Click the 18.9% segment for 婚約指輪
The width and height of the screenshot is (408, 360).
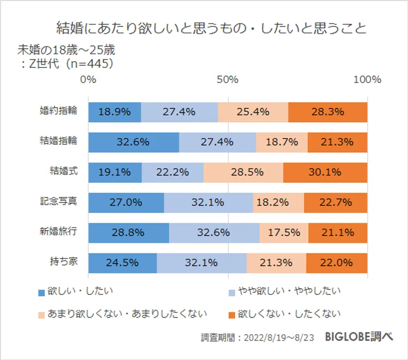click(x=115, y=112)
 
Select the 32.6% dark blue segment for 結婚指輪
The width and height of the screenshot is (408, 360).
click(x=133, y=142)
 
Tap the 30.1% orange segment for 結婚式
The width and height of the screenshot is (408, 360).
click(x=325, y=172)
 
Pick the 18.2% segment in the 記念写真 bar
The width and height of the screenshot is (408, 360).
click(x=278, y=203)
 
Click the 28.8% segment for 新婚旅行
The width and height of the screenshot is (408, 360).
click(x=128, y=233)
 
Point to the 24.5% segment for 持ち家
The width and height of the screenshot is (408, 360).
click(x=122, y=263)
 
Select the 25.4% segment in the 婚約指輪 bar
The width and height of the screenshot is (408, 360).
click(x=253, y=112)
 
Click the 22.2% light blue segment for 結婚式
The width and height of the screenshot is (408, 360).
click(x=172, y=172)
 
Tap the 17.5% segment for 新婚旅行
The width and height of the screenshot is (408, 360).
click(x=284, y=233)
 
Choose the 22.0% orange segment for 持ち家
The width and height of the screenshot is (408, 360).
click(x=337, y=263)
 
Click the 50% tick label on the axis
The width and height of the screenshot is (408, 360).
click(x=227, y=80)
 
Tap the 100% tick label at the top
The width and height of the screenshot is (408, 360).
click(x=367, y=80)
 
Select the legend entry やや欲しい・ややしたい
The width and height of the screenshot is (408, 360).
click(x=284, y=291)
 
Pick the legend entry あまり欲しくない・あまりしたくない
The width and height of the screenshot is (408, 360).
click(x=122, y=313)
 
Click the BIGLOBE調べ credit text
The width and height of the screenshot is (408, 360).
click(x=359, y=337)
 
